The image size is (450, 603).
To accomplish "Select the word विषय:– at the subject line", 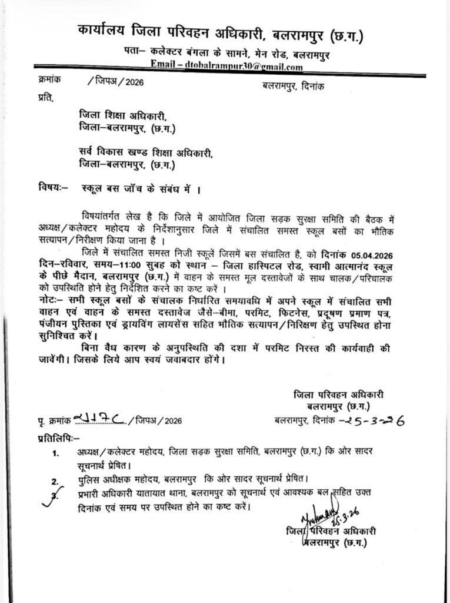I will tap(53, 189).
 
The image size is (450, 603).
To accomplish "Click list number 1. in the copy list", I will tap(55, 454).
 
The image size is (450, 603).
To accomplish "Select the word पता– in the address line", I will tap(136, 53).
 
